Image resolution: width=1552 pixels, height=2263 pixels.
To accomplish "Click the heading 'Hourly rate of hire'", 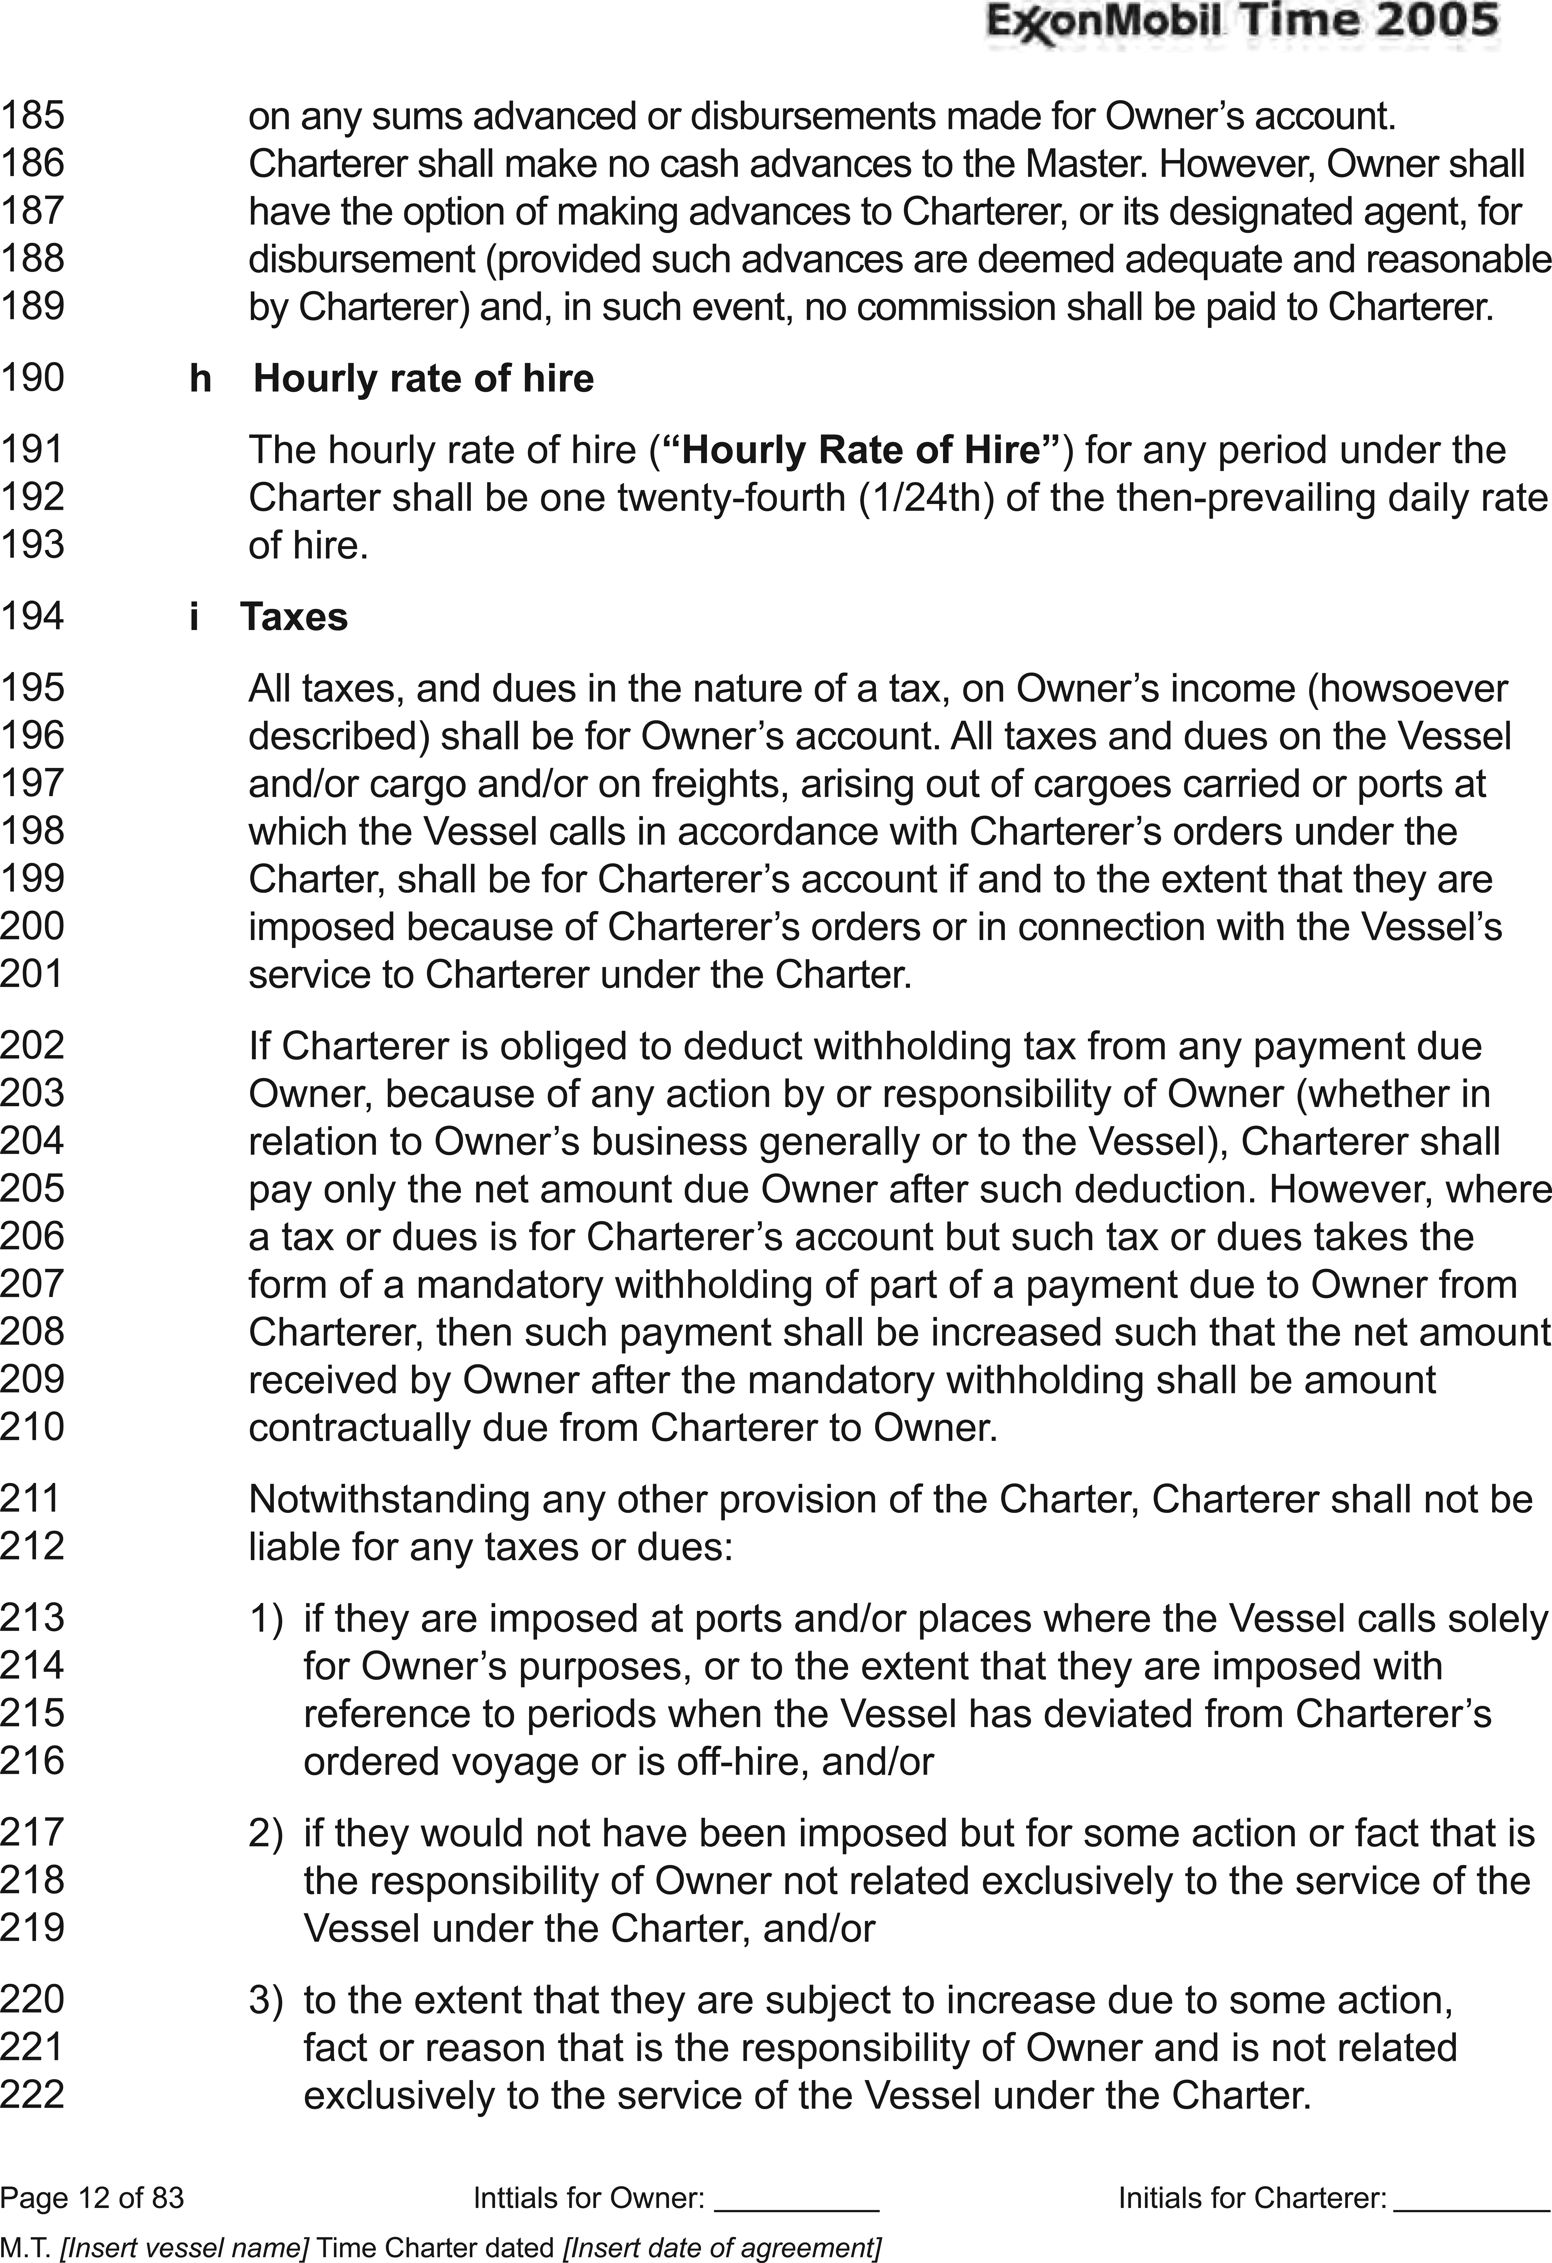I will click(423, 379).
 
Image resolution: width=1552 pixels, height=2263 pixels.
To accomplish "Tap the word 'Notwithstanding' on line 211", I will click(389, 1500).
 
